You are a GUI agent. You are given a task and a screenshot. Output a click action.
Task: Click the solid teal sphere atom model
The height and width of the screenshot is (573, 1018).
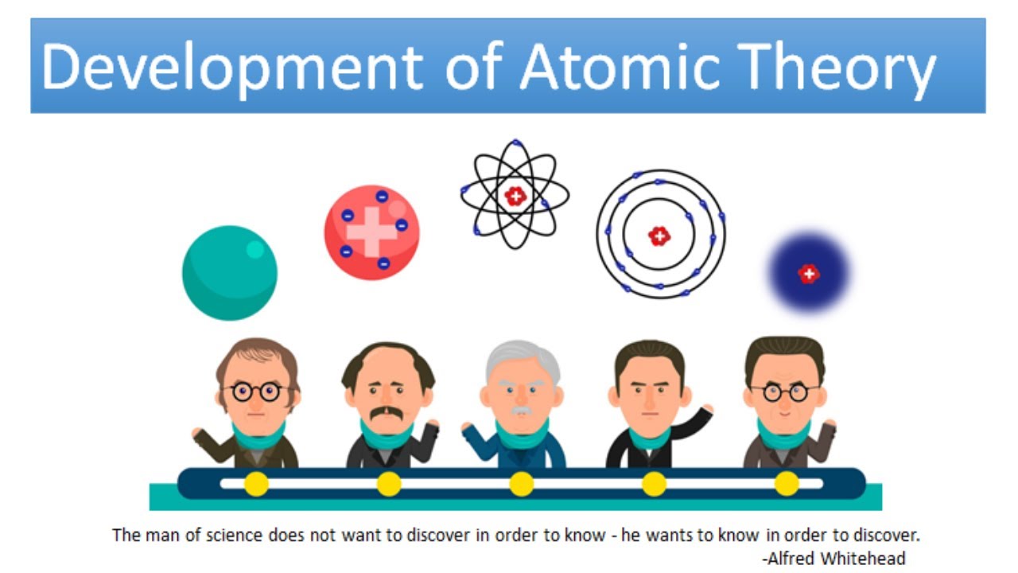(x=229, y=273)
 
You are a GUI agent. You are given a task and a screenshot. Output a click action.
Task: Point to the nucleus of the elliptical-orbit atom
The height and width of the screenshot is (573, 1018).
(x=515, y=196)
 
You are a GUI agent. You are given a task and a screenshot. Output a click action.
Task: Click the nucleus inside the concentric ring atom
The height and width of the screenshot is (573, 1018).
(x=659, y=236)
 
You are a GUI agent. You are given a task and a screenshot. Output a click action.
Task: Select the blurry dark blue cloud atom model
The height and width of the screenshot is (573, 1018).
(x=809, y=273)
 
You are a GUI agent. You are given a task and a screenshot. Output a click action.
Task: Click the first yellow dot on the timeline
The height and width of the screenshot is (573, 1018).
(x=256, y=483)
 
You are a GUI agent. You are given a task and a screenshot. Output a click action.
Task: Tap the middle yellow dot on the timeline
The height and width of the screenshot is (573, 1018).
(x=521, y=483)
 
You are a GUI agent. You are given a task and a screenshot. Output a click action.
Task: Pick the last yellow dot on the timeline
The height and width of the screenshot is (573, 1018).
(x=786, y=483)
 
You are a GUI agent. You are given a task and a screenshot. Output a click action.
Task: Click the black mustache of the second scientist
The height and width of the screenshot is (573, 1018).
(x=387, y=414)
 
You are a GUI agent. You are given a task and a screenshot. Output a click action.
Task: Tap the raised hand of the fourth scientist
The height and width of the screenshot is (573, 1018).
(x=703, y=411)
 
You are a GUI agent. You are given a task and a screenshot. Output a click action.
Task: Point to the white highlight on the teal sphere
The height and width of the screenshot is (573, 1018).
(x=254, y=249)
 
